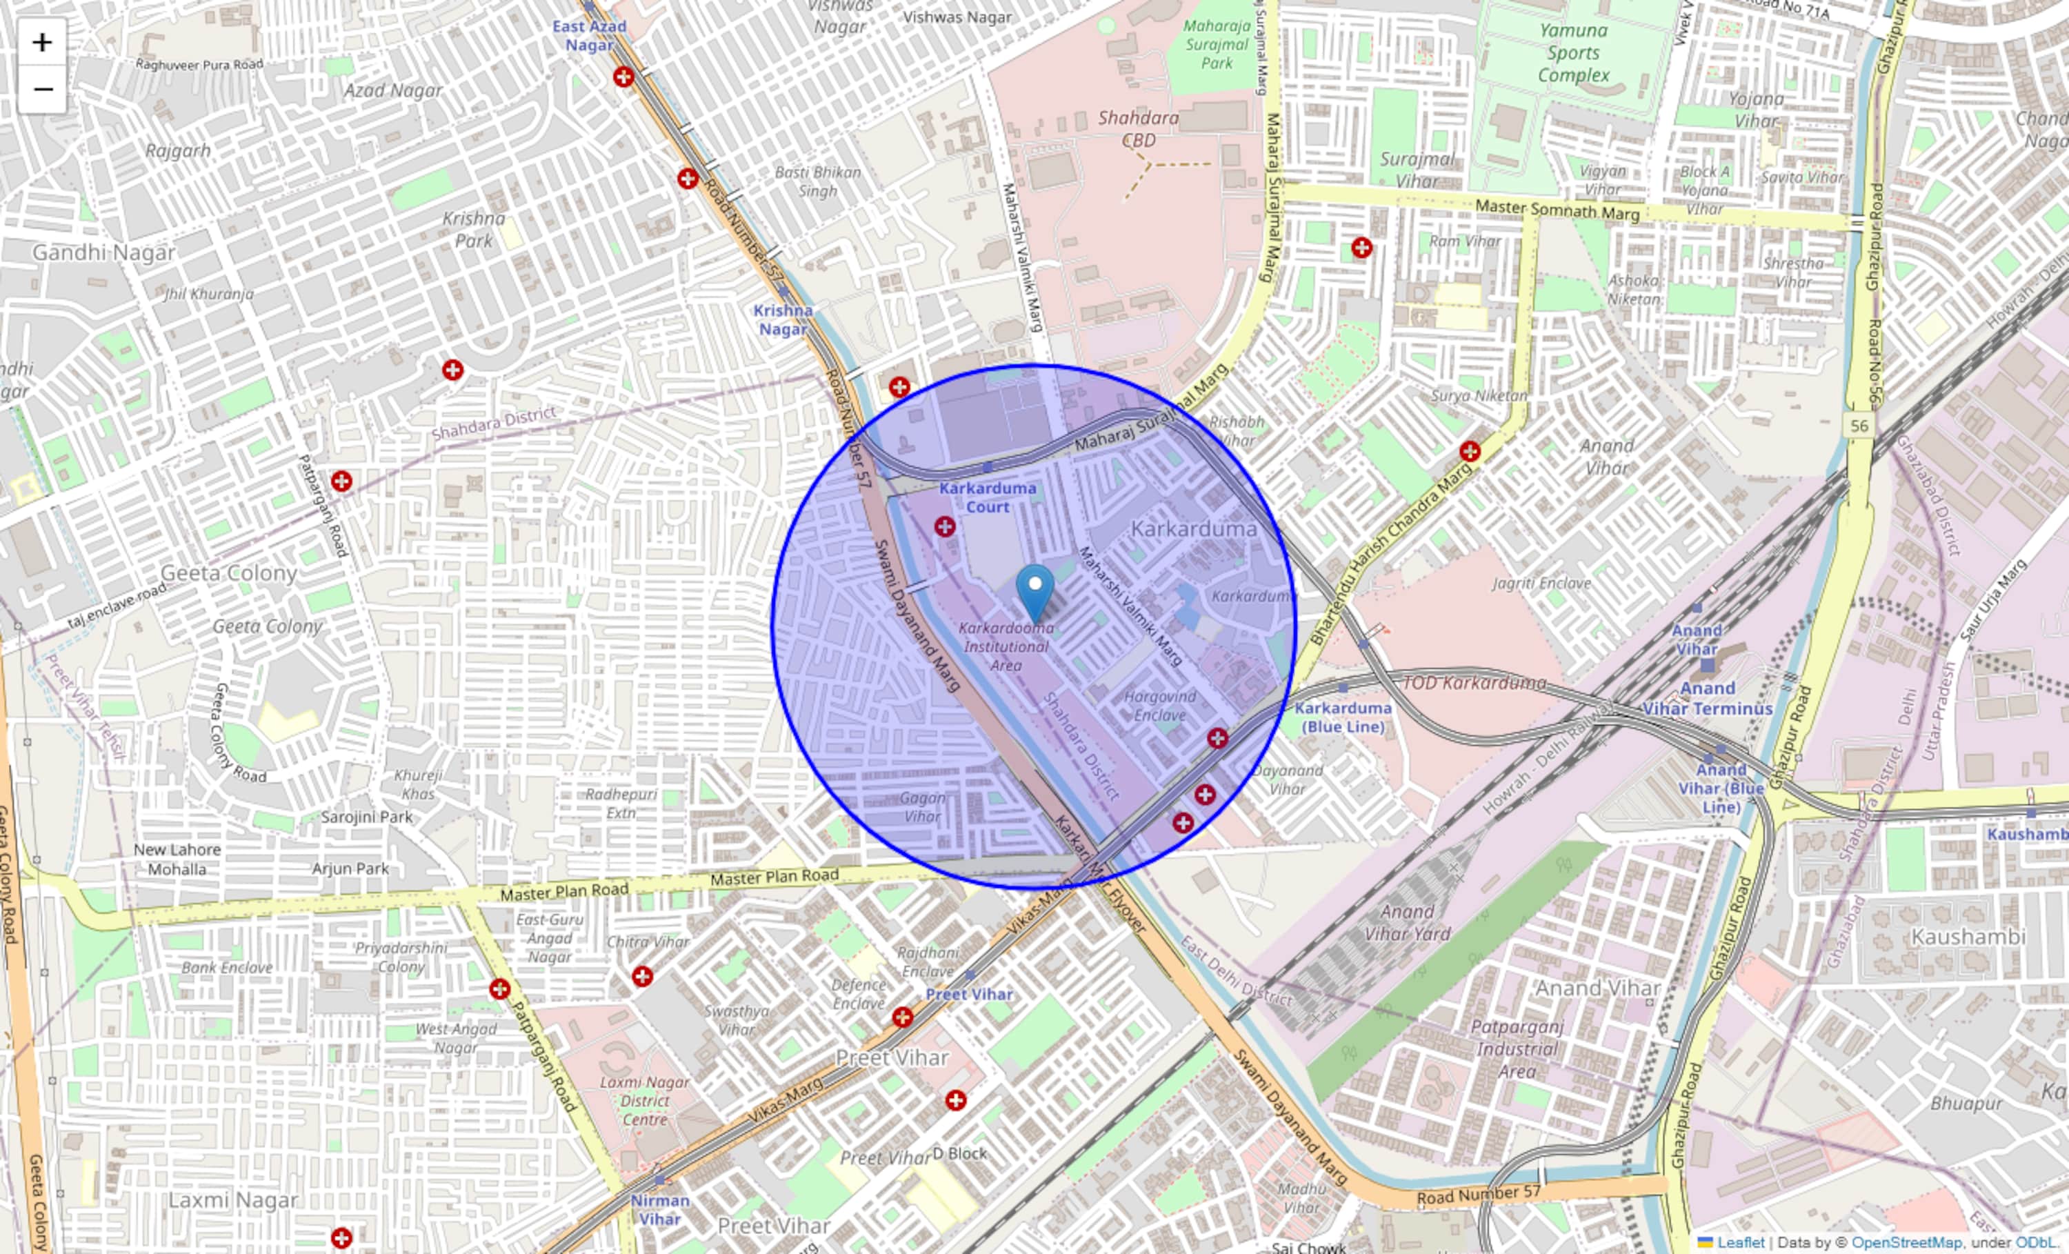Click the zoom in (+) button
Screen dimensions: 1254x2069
[42, 42]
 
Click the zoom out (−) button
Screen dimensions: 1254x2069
[42, 89]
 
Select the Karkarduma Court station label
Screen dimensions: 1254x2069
[988, 497]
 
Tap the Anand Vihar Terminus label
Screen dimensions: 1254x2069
[1707, 699]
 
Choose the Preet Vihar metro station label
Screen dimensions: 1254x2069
[969, 995]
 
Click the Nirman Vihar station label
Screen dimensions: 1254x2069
[660, 1209]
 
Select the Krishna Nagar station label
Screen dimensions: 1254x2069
[783, 320]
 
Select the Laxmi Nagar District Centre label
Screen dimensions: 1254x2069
[645, 1101]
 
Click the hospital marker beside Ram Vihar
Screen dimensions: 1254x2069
[1362, 248]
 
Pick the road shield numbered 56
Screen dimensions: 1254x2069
[1860, 426]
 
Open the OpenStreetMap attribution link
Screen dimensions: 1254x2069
[1906, 1243]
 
